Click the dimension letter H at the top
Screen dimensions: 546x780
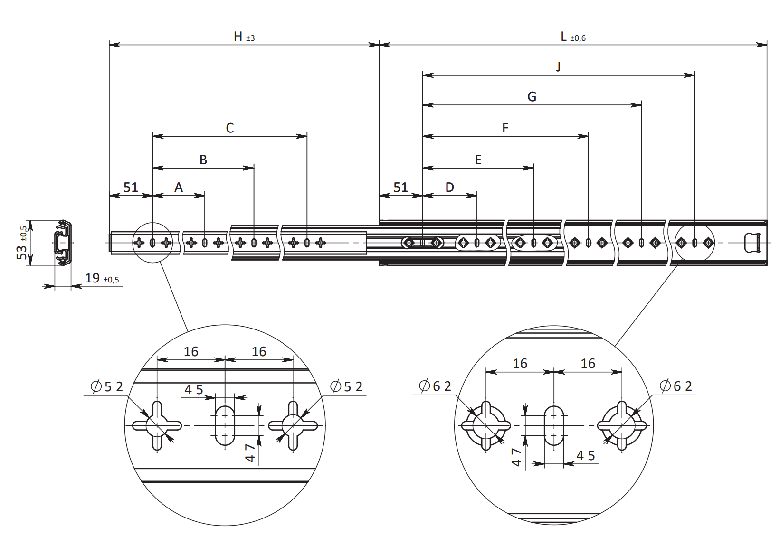[238, 37]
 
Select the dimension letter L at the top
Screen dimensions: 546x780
[563, 37]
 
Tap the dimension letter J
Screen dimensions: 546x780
[559, 66]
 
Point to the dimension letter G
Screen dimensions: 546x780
[532, 97]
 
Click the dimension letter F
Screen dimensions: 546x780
[505, 128]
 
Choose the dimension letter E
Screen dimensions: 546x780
[478, 160]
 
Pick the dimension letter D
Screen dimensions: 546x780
[450, 188]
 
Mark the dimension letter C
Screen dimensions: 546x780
[230, 128]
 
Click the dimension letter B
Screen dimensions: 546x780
[203, 160]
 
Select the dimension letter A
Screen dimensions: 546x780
[179, 188]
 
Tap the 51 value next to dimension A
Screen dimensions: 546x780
[131, 188]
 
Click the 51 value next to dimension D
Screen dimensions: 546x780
[400, 188]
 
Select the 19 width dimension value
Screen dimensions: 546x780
[92, 278]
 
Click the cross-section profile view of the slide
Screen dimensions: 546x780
[63, 243]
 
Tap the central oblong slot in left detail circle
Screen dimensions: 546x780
[225, 425]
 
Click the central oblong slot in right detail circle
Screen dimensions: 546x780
[554, 425]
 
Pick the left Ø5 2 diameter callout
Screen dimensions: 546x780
[107, 387]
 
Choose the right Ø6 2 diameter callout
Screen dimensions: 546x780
[676, 386]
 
